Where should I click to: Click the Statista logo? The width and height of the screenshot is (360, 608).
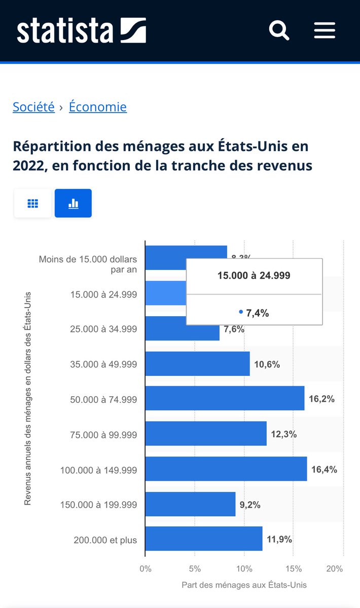click(x=81, y=30)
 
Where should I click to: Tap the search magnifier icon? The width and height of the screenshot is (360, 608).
click(x=279, y=30)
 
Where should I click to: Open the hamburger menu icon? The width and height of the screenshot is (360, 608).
click(x=325, y=30)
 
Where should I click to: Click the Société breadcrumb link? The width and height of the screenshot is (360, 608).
click(x=33, y=107)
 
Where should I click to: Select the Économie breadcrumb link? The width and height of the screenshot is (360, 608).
click(x=98, y=107)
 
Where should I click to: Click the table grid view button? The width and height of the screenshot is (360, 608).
click(x=33, y=203)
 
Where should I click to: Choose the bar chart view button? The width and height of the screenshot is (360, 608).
click(x=73, y=203)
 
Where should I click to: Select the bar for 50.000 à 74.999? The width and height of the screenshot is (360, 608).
click(x=225, y=398)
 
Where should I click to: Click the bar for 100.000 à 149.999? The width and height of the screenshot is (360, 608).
click(x=226, y=469)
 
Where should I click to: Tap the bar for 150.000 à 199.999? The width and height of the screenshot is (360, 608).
click(x=190, y=505)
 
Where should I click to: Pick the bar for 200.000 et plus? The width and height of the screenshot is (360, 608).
click(x=204, y=539)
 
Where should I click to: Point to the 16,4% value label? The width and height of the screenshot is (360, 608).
click(x=324, y=470)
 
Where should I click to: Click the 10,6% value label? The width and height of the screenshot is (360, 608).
click(x=267, y=364)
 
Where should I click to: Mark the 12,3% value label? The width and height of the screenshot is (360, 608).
click(x=283, y=434)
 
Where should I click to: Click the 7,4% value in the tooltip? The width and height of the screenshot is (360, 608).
click(x=257, y=313)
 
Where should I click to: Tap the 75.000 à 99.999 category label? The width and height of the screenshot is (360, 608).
click(x=103, y=435)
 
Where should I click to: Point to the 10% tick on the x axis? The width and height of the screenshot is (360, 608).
click(x=244, y=568)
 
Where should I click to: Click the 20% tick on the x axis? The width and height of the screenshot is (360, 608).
click(x=335, y=568)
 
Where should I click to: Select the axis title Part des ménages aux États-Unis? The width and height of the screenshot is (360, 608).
click(x=244, y=585)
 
